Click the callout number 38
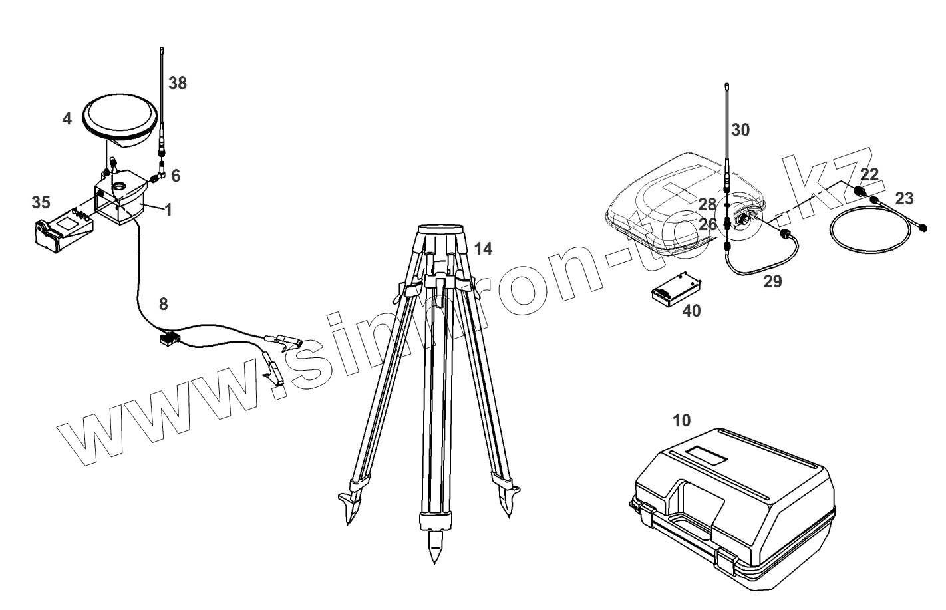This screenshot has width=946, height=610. pyautogui.click(x=178, y=84)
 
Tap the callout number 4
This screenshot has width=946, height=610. pyautogui.click(x=67, y=119)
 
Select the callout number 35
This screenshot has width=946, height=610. pyautogui.click(x=41, y=202)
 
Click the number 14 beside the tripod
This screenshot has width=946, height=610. pyautogui.click(x=484, y=249)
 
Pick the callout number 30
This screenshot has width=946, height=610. pyautogui.click(x=740, y=130)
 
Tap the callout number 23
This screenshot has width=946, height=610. pyautogui.click(x=904, y=198)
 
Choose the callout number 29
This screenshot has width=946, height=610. pyautogui.click(x=772, y=281)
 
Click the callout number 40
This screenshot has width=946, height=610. pyautogui.click(x=691, y=310)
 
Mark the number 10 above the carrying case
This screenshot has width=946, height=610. pyautogui.click(x=682, y=420)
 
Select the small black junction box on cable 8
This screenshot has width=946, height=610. pyautogui.click(x=169, y=338)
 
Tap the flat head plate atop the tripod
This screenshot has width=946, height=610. pyautogui.click(x=439, y=229)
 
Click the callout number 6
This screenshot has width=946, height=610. pyautogui.click(x=176, y=176)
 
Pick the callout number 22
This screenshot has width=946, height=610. pyautogui.click(x=869, y=174)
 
